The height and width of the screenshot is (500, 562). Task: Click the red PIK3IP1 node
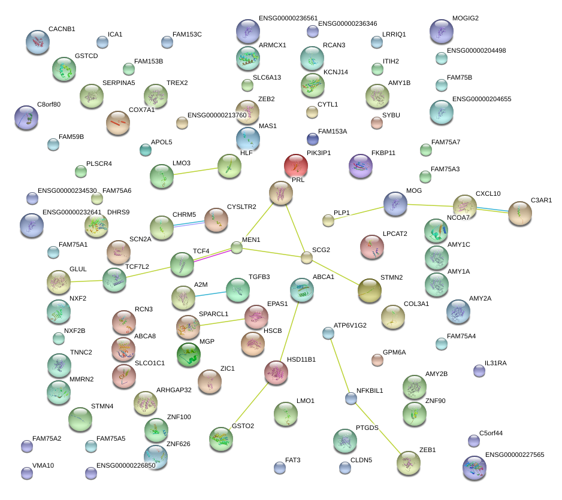click(x=296, y=166)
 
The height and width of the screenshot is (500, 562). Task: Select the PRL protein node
click(x=281, y=193)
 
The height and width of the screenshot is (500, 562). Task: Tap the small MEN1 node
click(x=237, y=247)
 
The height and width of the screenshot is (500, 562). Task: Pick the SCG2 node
click(x=307, y=257)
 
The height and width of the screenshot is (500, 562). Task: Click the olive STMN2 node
click(x=369, y=290)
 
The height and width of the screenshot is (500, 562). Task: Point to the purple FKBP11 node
click(x=360, y=166)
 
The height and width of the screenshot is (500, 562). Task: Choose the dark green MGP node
click(x=188, y=354)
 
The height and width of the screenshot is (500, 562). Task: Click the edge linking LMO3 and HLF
click(x=195, y=172)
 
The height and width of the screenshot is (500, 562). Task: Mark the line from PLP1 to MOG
click(x=358, y=213)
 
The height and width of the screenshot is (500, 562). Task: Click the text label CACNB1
click(x=62, y=29)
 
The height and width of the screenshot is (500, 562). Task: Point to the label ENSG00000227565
click(x=514, y=455)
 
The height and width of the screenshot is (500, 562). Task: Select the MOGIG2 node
click(x=442, y=31)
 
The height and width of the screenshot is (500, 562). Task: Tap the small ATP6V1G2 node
click(x=328, y=333)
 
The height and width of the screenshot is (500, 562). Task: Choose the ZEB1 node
click(x=409, y=462)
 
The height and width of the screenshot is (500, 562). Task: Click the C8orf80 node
click(x=26, y=117)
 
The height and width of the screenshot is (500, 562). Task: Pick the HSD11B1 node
click(x=276, y=372)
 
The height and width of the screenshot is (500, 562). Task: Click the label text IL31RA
click(x=495, y=363)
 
